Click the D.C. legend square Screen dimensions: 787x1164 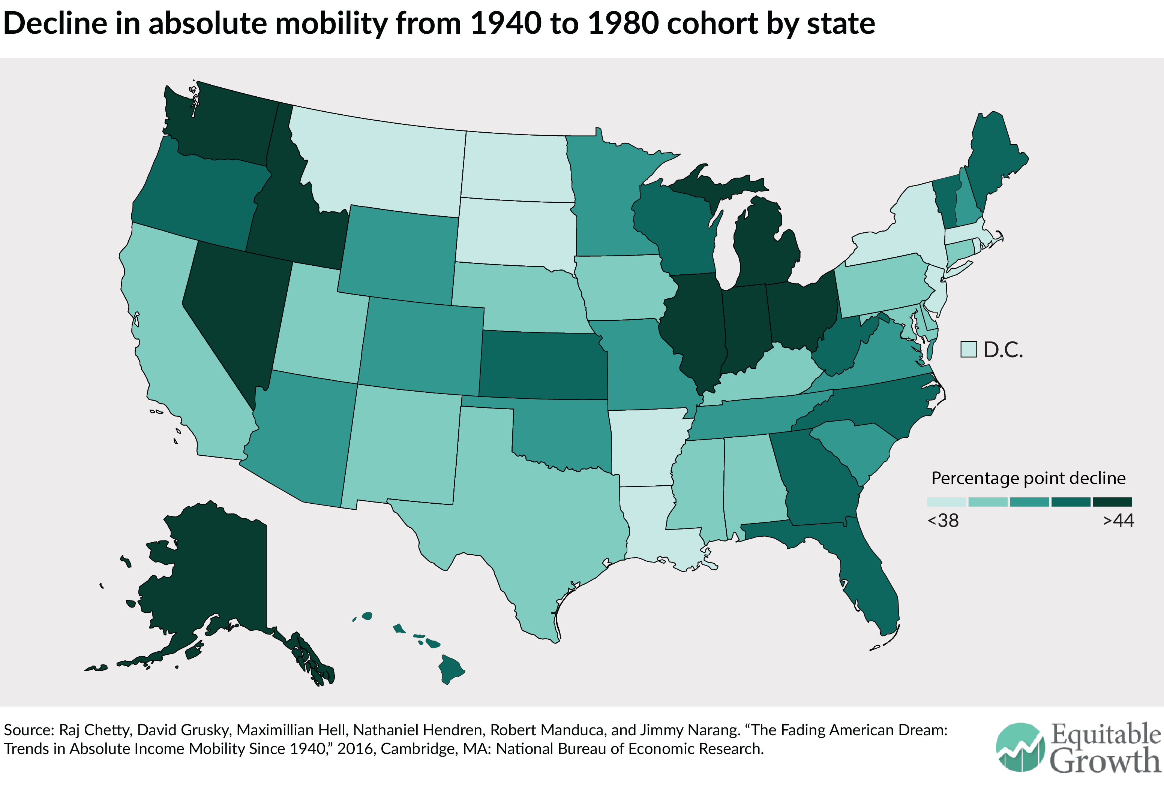click(x=968, y=349)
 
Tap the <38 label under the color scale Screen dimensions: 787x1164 click(x=943, y=521)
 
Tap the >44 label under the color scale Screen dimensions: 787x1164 click(x=1118, y=521)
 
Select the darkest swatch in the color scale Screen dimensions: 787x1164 click(x=1112, y=502)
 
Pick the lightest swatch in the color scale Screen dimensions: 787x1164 click(x=946, y=502)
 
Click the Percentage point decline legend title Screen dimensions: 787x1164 click(x=1028, y=478)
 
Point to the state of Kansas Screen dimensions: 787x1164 click(x=543, y=365)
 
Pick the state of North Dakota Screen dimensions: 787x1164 click(x=516, y=168)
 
